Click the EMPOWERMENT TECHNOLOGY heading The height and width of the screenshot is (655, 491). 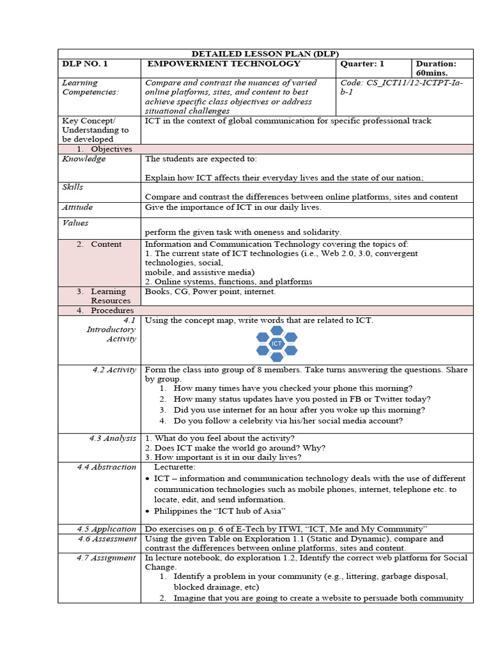(x=224, y=64)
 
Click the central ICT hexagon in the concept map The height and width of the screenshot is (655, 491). (x=276, y=343)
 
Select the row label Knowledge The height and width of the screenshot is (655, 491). (x=84, y=159)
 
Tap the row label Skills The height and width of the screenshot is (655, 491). (x=72, y=187)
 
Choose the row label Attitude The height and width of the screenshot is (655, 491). (x=77, y=207)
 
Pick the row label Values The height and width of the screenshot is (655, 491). (x=75, y=223)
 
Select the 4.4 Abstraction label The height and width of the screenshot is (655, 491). (x=106, y=467)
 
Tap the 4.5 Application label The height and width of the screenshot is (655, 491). (x=106, y=529)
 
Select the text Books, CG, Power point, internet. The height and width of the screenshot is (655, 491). (x=210, y=292)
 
